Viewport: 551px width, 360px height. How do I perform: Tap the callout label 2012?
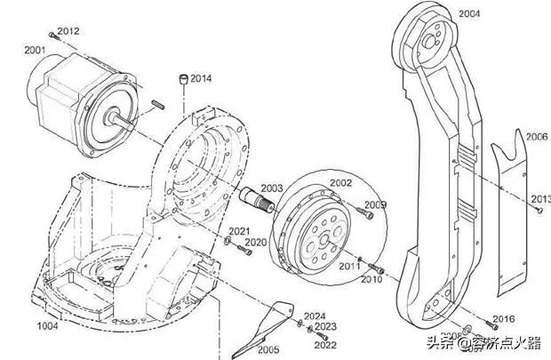pyautogui.click(x=68, y=31)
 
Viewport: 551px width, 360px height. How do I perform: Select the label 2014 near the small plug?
pyautogui.click(x=201, y=77)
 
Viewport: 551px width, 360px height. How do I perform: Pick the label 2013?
pyautogui.click(x=539, y=197)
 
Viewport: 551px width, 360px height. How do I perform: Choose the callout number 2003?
pyautogui.click(x=272, y=188)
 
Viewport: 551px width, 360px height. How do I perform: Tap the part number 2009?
pyautogui.click(x=376, y=204)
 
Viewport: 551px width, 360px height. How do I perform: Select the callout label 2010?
pyautogui.click(x=371, y=279)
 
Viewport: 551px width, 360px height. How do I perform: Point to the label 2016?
pyautogui.click(x=503, y=318)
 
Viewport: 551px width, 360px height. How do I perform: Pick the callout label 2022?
pyautogui.click(x=325, y=344)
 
